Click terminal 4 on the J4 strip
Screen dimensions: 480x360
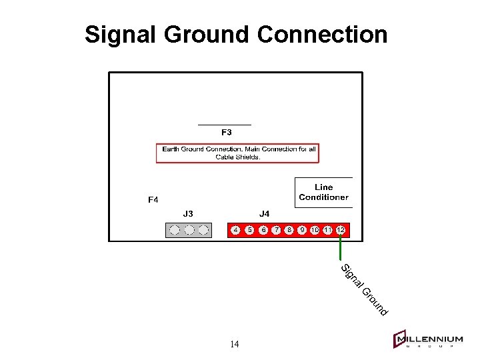(236, 230)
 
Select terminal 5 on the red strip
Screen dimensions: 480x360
(249, 230)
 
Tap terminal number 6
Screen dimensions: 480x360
(263, 230)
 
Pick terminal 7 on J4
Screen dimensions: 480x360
(277, 230)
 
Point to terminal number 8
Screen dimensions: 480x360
(289, 230)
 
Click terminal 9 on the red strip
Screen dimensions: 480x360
(302, 230)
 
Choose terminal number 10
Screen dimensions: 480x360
(315, 230)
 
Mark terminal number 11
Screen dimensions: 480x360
(327, 230)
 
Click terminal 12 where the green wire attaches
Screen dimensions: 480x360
(340, 230)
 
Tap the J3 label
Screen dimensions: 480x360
(188, 214)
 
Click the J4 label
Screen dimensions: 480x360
(264, 214)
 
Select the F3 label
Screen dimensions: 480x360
(227, 132)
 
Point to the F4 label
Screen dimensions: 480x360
(153, 199)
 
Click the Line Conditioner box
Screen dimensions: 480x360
(323, 192)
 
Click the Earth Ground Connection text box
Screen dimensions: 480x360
(238, 153)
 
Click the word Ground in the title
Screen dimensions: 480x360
(207, 34)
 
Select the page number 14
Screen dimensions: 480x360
(234, 345)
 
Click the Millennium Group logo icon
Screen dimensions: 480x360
(400, 339)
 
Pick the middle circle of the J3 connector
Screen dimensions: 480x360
(189, 230)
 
